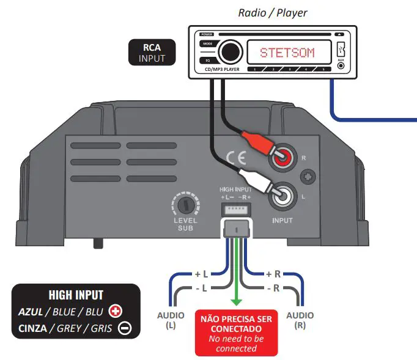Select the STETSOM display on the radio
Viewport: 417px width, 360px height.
(287, 53)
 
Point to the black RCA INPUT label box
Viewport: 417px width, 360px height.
(151, 53)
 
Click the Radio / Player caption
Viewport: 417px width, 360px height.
(272, 13)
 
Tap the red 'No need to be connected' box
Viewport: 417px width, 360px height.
(236, 332)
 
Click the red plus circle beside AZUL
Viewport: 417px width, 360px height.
(114, 311)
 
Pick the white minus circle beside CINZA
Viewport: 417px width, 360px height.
(124, 328)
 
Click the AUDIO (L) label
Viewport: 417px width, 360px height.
(170, 320)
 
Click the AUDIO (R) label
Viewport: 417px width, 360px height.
(300, 320)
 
